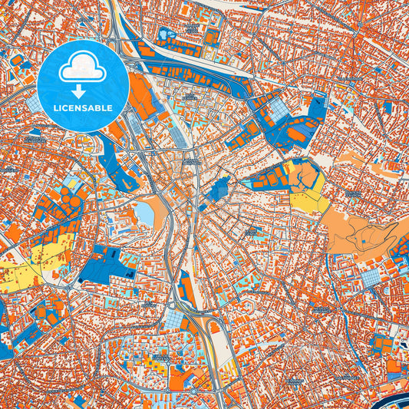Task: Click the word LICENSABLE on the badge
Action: (x=83, y=107)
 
